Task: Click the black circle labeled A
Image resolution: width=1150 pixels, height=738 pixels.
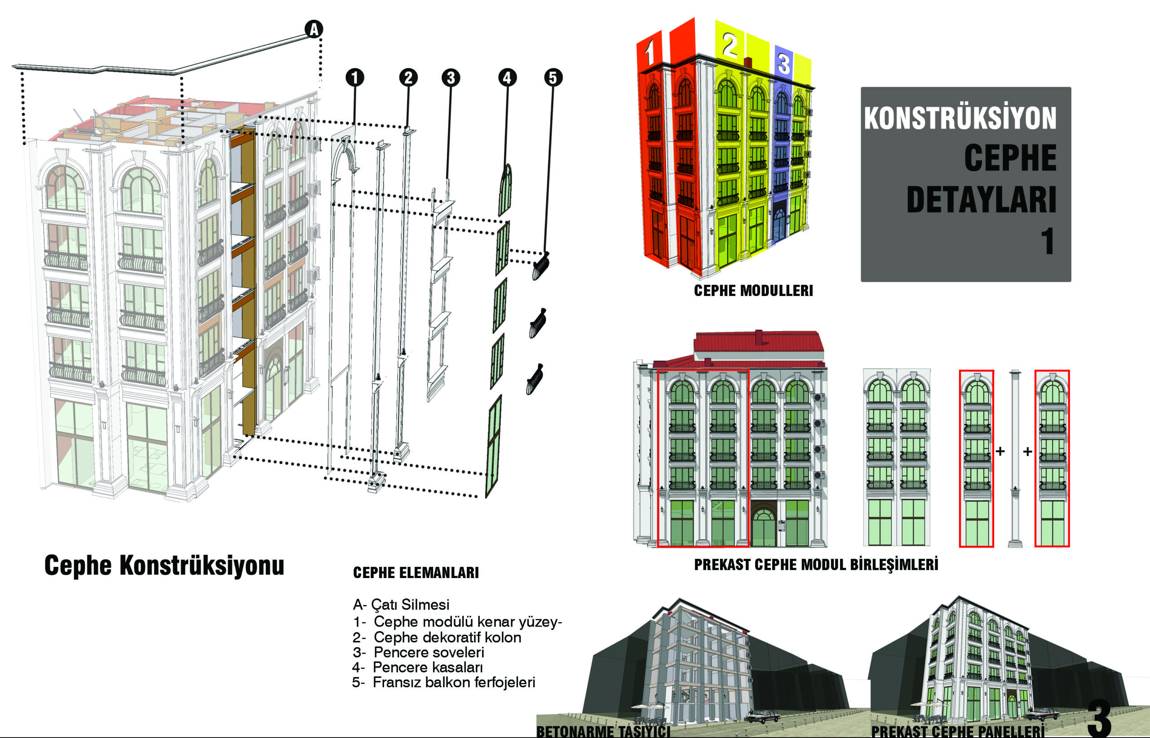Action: click(314, 29)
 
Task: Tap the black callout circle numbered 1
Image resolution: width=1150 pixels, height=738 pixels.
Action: click(354, 77)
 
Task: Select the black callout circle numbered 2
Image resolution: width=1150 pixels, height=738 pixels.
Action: click(408, 77)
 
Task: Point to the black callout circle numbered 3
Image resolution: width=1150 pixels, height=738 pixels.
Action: click(451, 77)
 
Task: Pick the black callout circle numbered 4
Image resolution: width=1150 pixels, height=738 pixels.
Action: click(508, 77)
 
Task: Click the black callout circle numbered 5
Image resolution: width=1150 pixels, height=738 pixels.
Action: click(553, 77)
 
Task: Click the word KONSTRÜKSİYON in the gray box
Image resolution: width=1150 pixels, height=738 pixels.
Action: click(960, 117)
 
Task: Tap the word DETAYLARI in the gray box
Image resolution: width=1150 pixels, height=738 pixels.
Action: click(982, 199)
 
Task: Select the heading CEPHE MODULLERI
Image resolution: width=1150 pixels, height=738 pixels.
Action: click(753, 291)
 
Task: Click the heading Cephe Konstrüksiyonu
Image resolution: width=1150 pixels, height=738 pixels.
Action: click(164, 565)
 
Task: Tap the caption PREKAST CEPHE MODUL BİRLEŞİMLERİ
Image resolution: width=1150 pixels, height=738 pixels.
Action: click(816, 565)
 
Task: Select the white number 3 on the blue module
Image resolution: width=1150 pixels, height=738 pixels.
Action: click(783, 63)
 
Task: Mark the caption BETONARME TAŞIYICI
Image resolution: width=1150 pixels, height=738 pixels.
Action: click(603, 731)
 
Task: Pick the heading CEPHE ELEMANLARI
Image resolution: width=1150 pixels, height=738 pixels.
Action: click(416, 573)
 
